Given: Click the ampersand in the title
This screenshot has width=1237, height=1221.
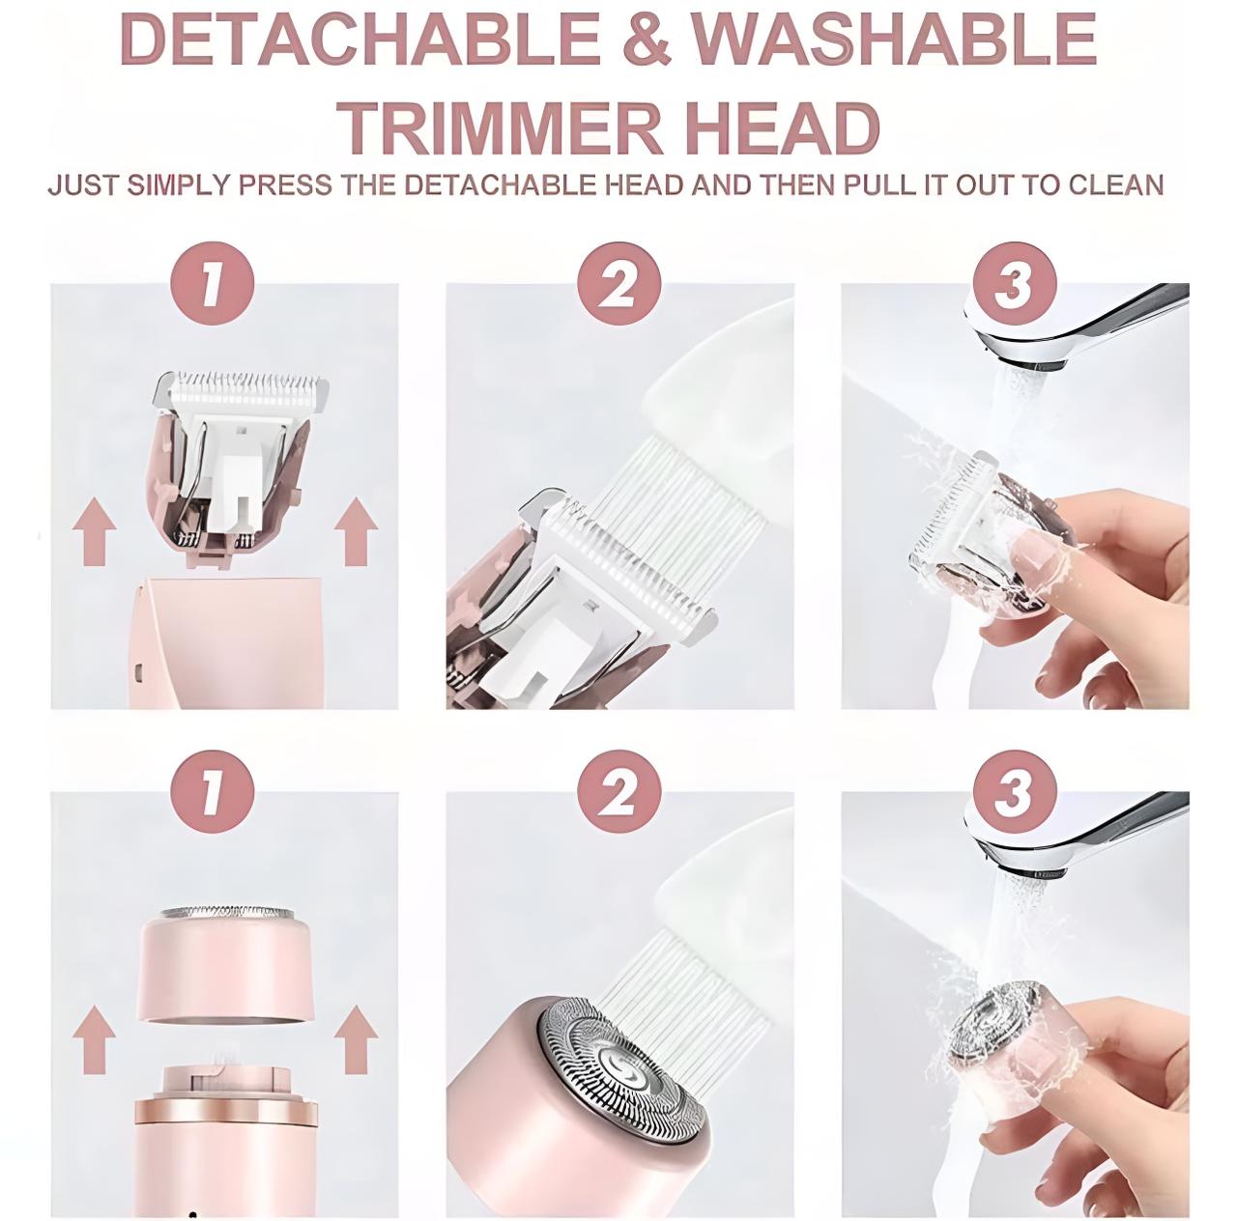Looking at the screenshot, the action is click(647, 41).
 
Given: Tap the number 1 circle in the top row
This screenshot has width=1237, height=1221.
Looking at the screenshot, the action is click(214, 284).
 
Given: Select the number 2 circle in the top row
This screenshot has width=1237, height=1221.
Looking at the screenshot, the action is click(619, 284).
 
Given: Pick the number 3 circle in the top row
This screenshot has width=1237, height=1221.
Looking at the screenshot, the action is click(1015, 284).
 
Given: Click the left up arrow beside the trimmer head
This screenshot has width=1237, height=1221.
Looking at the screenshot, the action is click(95, 530).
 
